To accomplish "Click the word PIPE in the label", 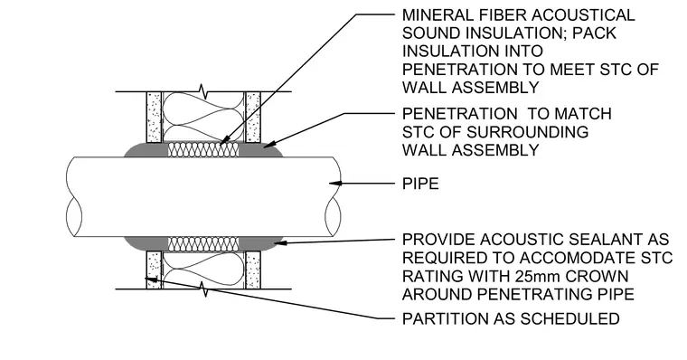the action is coord(420,184).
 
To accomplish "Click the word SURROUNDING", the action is coord(527,132).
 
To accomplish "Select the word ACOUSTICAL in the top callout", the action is coord(583,14).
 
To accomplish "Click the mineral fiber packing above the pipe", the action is coord(203,149).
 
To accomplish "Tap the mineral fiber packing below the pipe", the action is coord(203,244).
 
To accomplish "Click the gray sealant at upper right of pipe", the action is coord(260,149).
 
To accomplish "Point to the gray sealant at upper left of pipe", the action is coord(146,150).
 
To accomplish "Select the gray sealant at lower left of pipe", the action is coord(146,243).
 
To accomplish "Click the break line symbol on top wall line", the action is coord(203,91).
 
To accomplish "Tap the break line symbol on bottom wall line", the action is coord(203,289).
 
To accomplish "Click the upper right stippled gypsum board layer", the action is coord(253,117).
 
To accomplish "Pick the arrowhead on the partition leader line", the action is coord(151,279).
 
